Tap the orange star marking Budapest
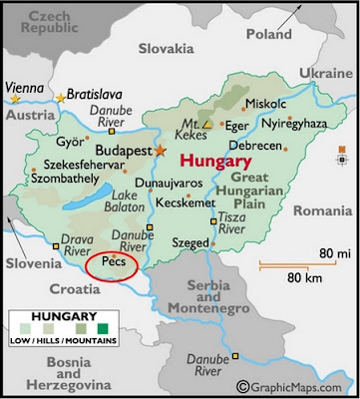(x=159, y=150)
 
